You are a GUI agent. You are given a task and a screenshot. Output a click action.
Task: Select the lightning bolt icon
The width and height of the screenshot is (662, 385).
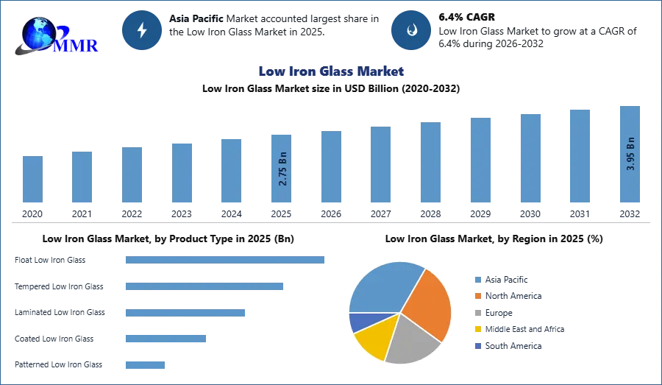[x=143, y=30]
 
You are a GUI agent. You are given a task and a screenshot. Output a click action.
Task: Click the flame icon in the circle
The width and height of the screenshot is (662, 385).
[x=412, y=30]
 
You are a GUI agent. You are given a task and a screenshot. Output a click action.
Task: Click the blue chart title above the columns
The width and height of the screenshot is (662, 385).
[x=332, y=71]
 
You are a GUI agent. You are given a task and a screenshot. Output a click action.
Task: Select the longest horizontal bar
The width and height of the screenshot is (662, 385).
[x=226, y=259]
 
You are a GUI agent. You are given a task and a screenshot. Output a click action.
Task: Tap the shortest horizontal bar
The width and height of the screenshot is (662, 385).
[x=144, y=364]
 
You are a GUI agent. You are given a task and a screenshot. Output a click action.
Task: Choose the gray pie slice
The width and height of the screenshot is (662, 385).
[x=412, y=340]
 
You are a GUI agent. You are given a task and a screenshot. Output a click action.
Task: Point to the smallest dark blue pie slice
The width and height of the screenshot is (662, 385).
[x=360, y=321]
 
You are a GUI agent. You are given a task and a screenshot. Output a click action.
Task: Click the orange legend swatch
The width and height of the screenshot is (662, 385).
[x=477, y=296]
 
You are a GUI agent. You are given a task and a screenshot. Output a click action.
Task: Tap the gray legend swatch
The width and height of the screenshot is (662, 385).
[x=477, y=313]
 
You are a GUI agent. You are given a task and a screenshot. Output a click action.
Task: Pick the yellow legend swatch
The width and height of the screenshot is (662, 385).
[x=477, y=330]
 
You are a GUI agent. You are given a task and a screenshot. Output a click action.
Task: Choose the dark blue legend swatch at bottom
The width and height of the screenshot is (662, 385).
[x=477, y=346]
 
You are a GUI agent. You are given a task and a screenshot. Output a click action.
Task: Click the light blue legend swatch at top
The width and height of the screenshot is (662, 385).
[x=477, y=279]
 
